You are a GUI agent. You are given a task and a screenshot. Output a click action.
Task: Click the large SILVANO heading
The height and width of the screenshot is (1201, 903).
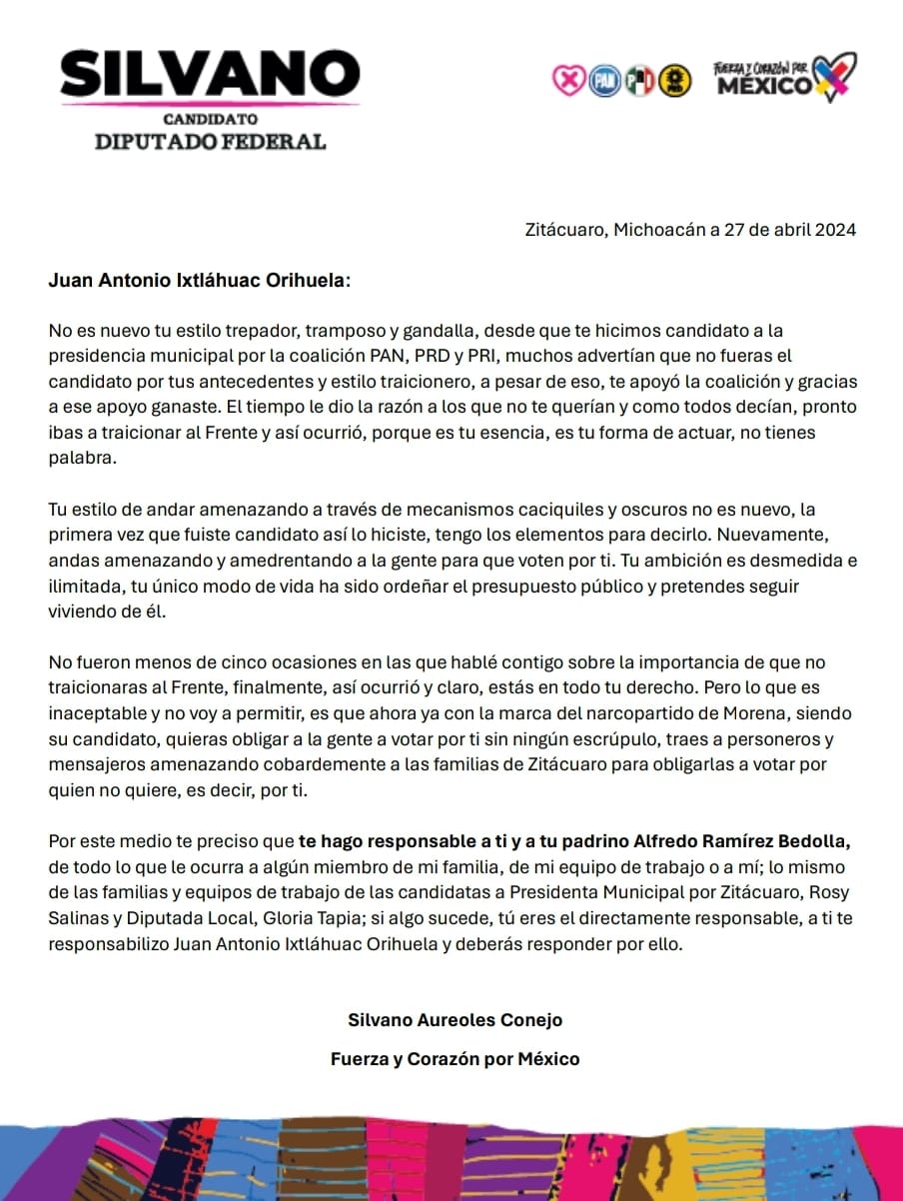coord(210,72)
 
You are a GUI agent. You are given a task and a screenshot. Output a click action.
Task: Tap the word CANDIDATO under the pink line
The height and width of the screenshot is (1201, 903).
coord(210,119)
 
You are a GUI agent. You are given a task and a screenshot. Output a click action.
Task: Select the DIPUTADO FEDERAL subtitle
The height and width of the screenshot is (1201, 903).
coord(210,141)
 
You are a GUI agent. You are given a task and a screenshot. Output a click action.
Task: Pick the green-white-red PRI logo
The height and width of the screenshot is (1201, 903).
coord(639,81)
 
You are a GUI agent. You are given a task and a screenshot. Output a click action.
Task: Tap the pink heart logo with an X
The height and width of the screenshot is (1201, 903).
coord(567,81)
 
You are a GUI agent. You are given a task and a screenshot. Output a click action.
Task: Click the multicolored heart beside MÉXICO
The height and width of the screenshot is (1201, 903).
coord(833,76)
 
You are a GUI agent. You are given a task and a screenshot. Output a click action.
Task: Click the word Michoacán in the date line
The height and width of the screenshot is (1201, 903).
coord(659,230)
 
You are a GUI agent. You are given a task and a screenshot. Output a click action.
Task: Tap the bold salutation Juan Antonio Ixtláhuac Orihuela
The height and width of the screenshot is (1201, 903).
coord(199,280)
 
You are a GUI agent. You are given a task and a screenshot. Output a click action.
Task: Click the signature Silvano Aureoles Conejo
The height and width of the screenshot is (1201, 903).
coord(454,1020)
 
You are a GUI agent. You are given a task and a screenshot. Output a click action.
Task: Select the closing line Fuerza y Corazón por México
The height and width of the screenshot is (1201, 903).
coord(454,1059)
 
